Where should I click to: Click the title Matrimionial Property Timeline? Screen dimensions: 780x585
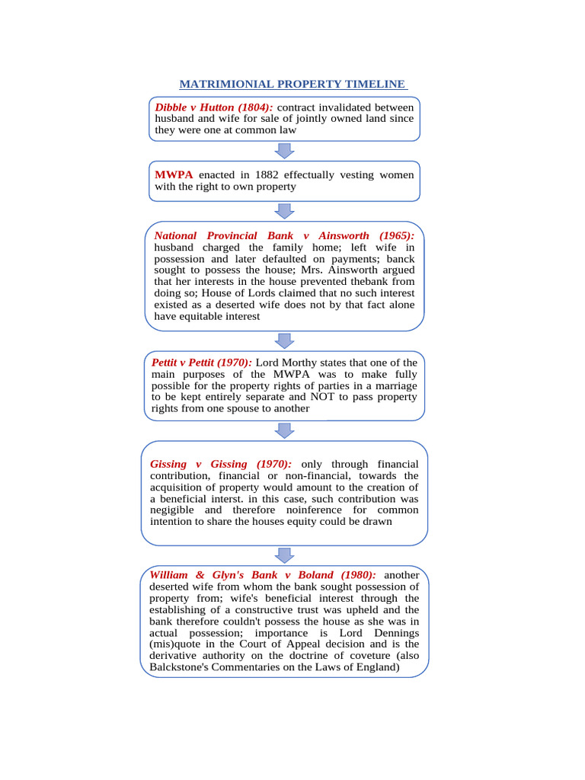coord(292,84)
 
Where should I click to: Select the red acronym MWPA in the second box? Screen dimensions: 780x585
coord(174,174)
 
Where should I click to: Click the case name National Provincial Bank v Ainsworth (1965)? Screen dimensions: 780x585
coord(284,235)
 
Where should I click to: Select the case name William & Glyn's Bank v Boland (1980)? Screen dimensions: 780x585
coord(263,575)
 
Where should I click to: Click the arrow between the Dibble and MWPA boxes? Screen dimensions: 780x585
coord(284,151)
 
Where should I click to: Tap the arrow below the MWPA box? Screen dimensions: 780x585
coord(284,211)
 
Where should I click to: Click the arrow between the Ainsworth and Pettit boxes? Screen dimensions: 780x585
coord(284,340)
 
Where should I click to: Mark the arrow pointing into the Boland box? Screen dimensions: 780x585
coord(284,555)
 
